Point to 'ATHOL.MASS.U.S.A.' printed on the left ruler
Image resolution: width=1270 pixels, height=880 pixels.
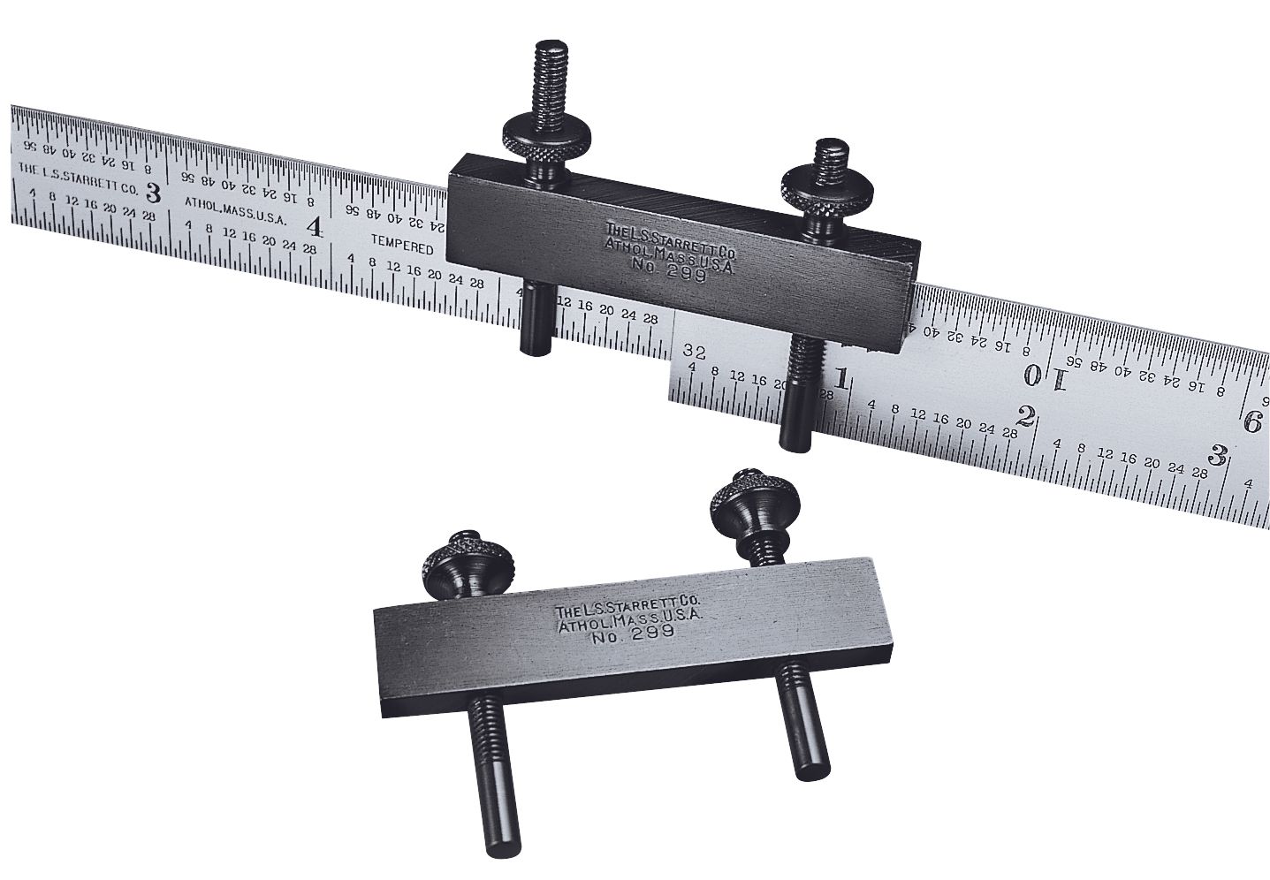(x=236, y=209)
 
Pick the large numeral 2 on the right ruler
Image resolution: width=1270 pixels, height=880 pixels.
(x=1026, y=415)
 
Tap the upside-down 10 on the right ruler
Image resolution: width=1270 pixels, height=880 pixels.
(x=1046, y=377)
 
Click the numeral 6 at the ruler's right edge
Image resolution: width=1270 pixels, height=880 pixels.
(x=1251, y=422)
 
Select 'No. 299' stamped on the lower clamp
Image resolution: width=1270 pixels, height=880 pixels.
(x=632, y=634)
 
